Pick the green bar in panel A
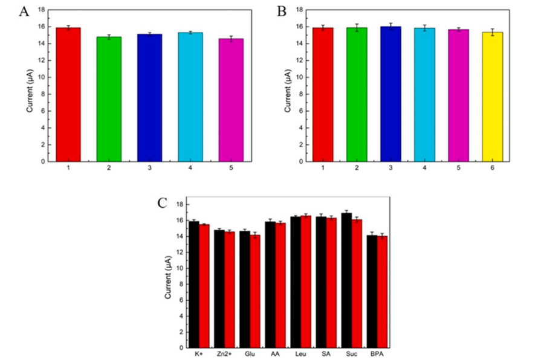click(109, 99)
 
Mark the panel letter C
click(163, 203)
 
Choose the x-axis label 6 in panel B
click(492, 168)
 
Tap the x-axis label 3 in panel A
click(150, 168)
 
